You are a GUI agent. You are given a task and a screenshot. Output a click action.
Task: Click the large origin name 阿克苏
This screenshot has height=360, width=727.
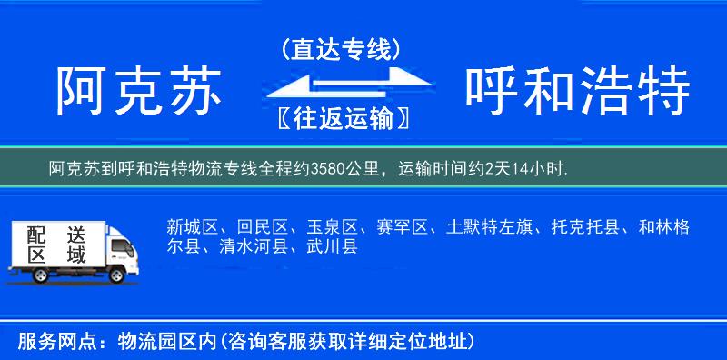pos(140,92)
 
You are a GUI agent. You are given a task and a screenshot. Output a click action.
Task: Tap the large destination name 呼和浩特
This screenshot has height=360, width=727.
pos(578,92)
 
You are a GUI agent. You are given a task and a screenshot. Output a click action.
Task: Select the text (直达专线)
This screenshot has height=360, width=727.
pos(341,49)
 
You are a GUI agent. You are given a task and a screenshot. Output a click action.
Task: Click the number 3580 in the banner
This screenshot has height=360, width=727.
pos(326,169)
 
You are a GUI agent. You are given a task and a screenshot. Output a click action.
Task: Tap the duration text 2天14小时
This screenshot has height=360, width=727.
pos(526,169)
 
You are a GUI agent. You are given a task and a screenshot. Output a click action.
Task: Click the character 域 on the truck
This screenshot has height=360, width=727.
pos(76,255)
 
